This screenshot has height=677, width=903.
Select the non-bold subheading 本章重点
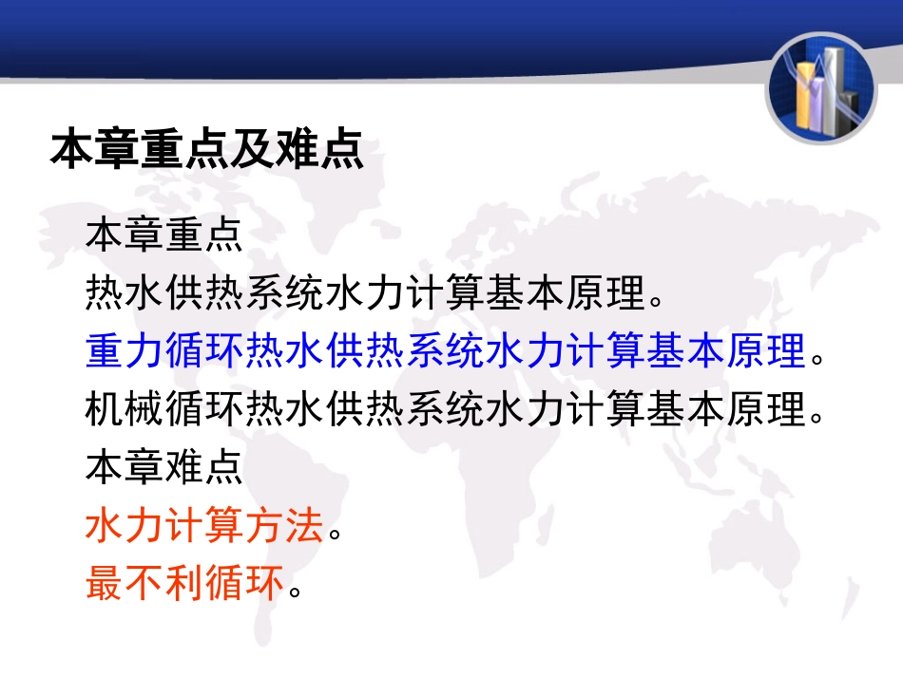click(163, 235)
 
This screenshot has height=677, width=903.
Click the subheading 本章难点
click(163, 468)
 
